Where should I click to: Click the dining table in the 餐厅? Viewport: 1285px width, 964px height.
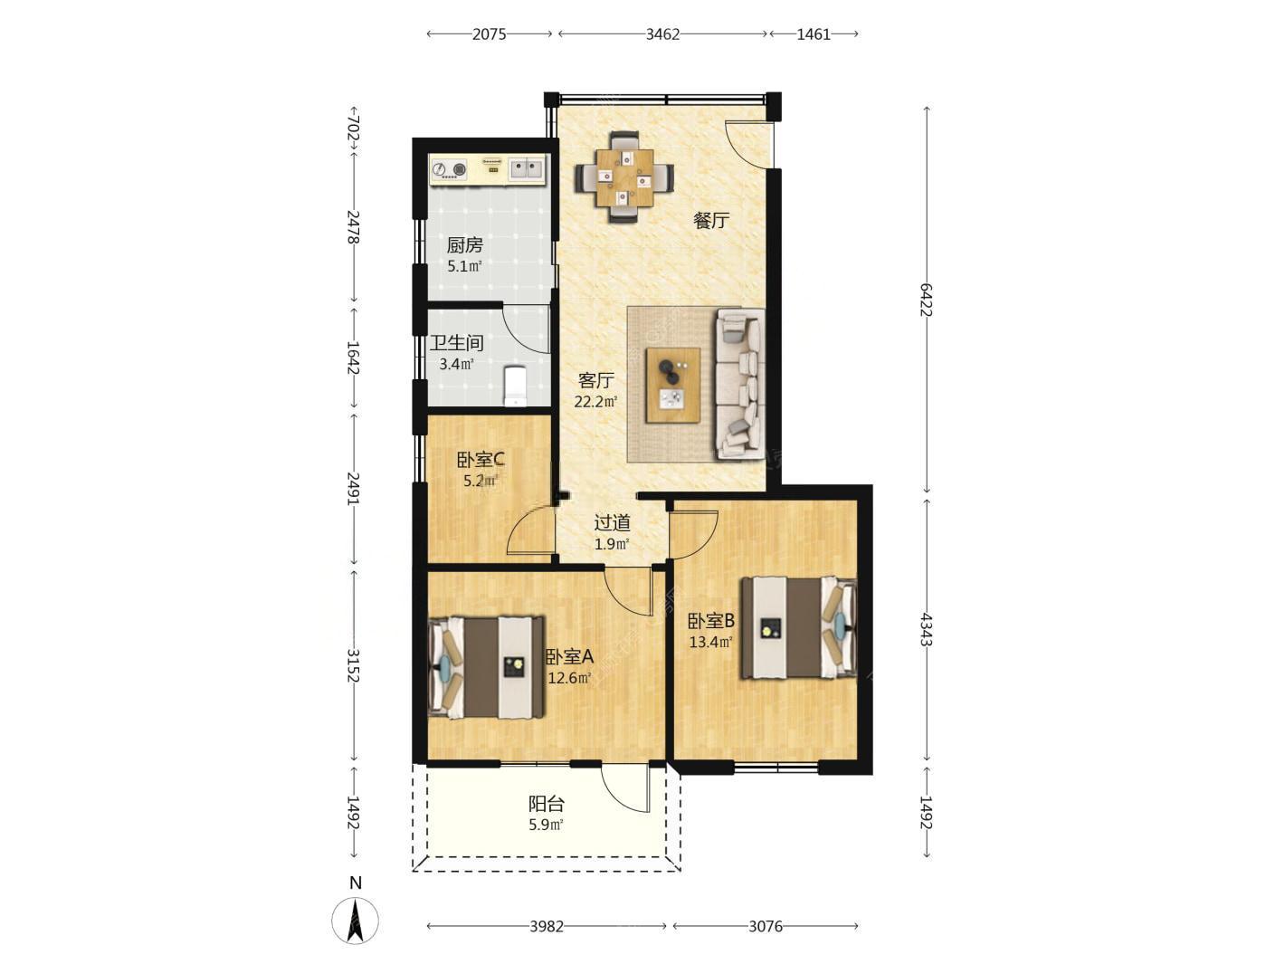tap(624, 178)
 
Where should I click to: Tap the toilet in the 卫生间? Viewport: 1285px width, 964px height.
tap(516, 386)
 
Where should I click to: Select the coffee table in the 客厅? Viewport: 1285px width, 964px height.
tap(672, 385)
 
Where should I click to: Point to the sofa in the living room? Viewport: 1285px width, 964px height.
tap(739, 384)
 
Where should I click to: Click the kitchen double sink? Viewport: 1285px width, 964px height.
tap(526, 170)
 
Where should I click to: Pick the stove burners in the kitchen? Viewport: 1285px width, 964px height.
tap(450, 170)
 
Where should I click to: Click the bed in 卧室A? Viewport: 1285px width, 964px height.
tap(486, 666)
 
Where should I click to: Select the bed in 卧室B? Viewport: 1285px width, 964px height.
tap(798, 628)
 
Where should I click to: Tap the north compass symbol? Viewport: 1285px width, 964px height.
tap(355, 921)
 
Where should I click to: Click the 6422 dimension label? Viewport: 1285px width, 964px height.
tap(926, 300)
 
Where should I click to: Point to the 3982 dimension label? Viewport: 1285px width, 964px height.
tap(547, 927)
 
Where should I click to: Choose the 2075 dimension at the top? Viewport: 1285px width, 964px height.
tap(489, 34)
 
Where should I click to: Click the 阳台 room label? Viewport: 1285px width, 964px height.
tap(547, 804)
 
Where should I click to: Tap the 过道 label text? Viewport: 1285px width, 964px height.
tap(612, 522)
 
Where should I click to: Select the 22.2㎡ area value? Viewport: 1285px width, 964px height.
tap(595, 402)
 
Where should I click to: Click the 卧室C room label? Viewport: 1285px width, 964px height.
tap(480, 460)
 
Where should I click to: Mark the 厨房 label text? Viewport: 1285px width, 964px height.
tap(465, 245)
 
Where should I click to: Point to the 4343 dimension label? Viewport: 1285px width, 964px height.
tap(926, 629)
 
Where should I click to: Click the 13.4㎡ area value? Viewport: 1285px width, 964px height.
tap(710, 642)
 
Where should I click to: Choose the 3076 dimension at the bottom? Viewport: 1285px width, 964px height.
tap(766, 927)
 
